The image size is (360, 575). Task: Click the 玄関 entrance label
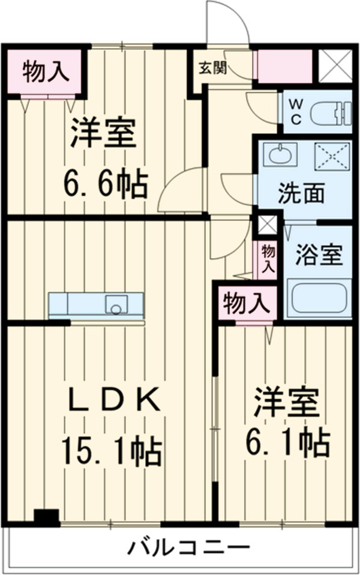213,68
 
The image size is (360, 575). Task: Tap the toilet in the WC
333,113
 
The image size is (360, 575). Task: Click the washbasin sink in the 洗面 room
280,155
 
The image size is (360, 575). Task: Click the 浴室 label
318,256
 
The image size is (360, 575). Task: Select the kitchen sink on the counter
116,305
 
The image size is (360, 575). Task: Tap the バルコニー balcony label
187,547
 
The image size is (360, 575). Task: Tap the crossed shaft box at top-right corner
334,66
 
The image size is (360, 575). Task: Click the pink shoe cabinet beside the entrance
284,66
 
